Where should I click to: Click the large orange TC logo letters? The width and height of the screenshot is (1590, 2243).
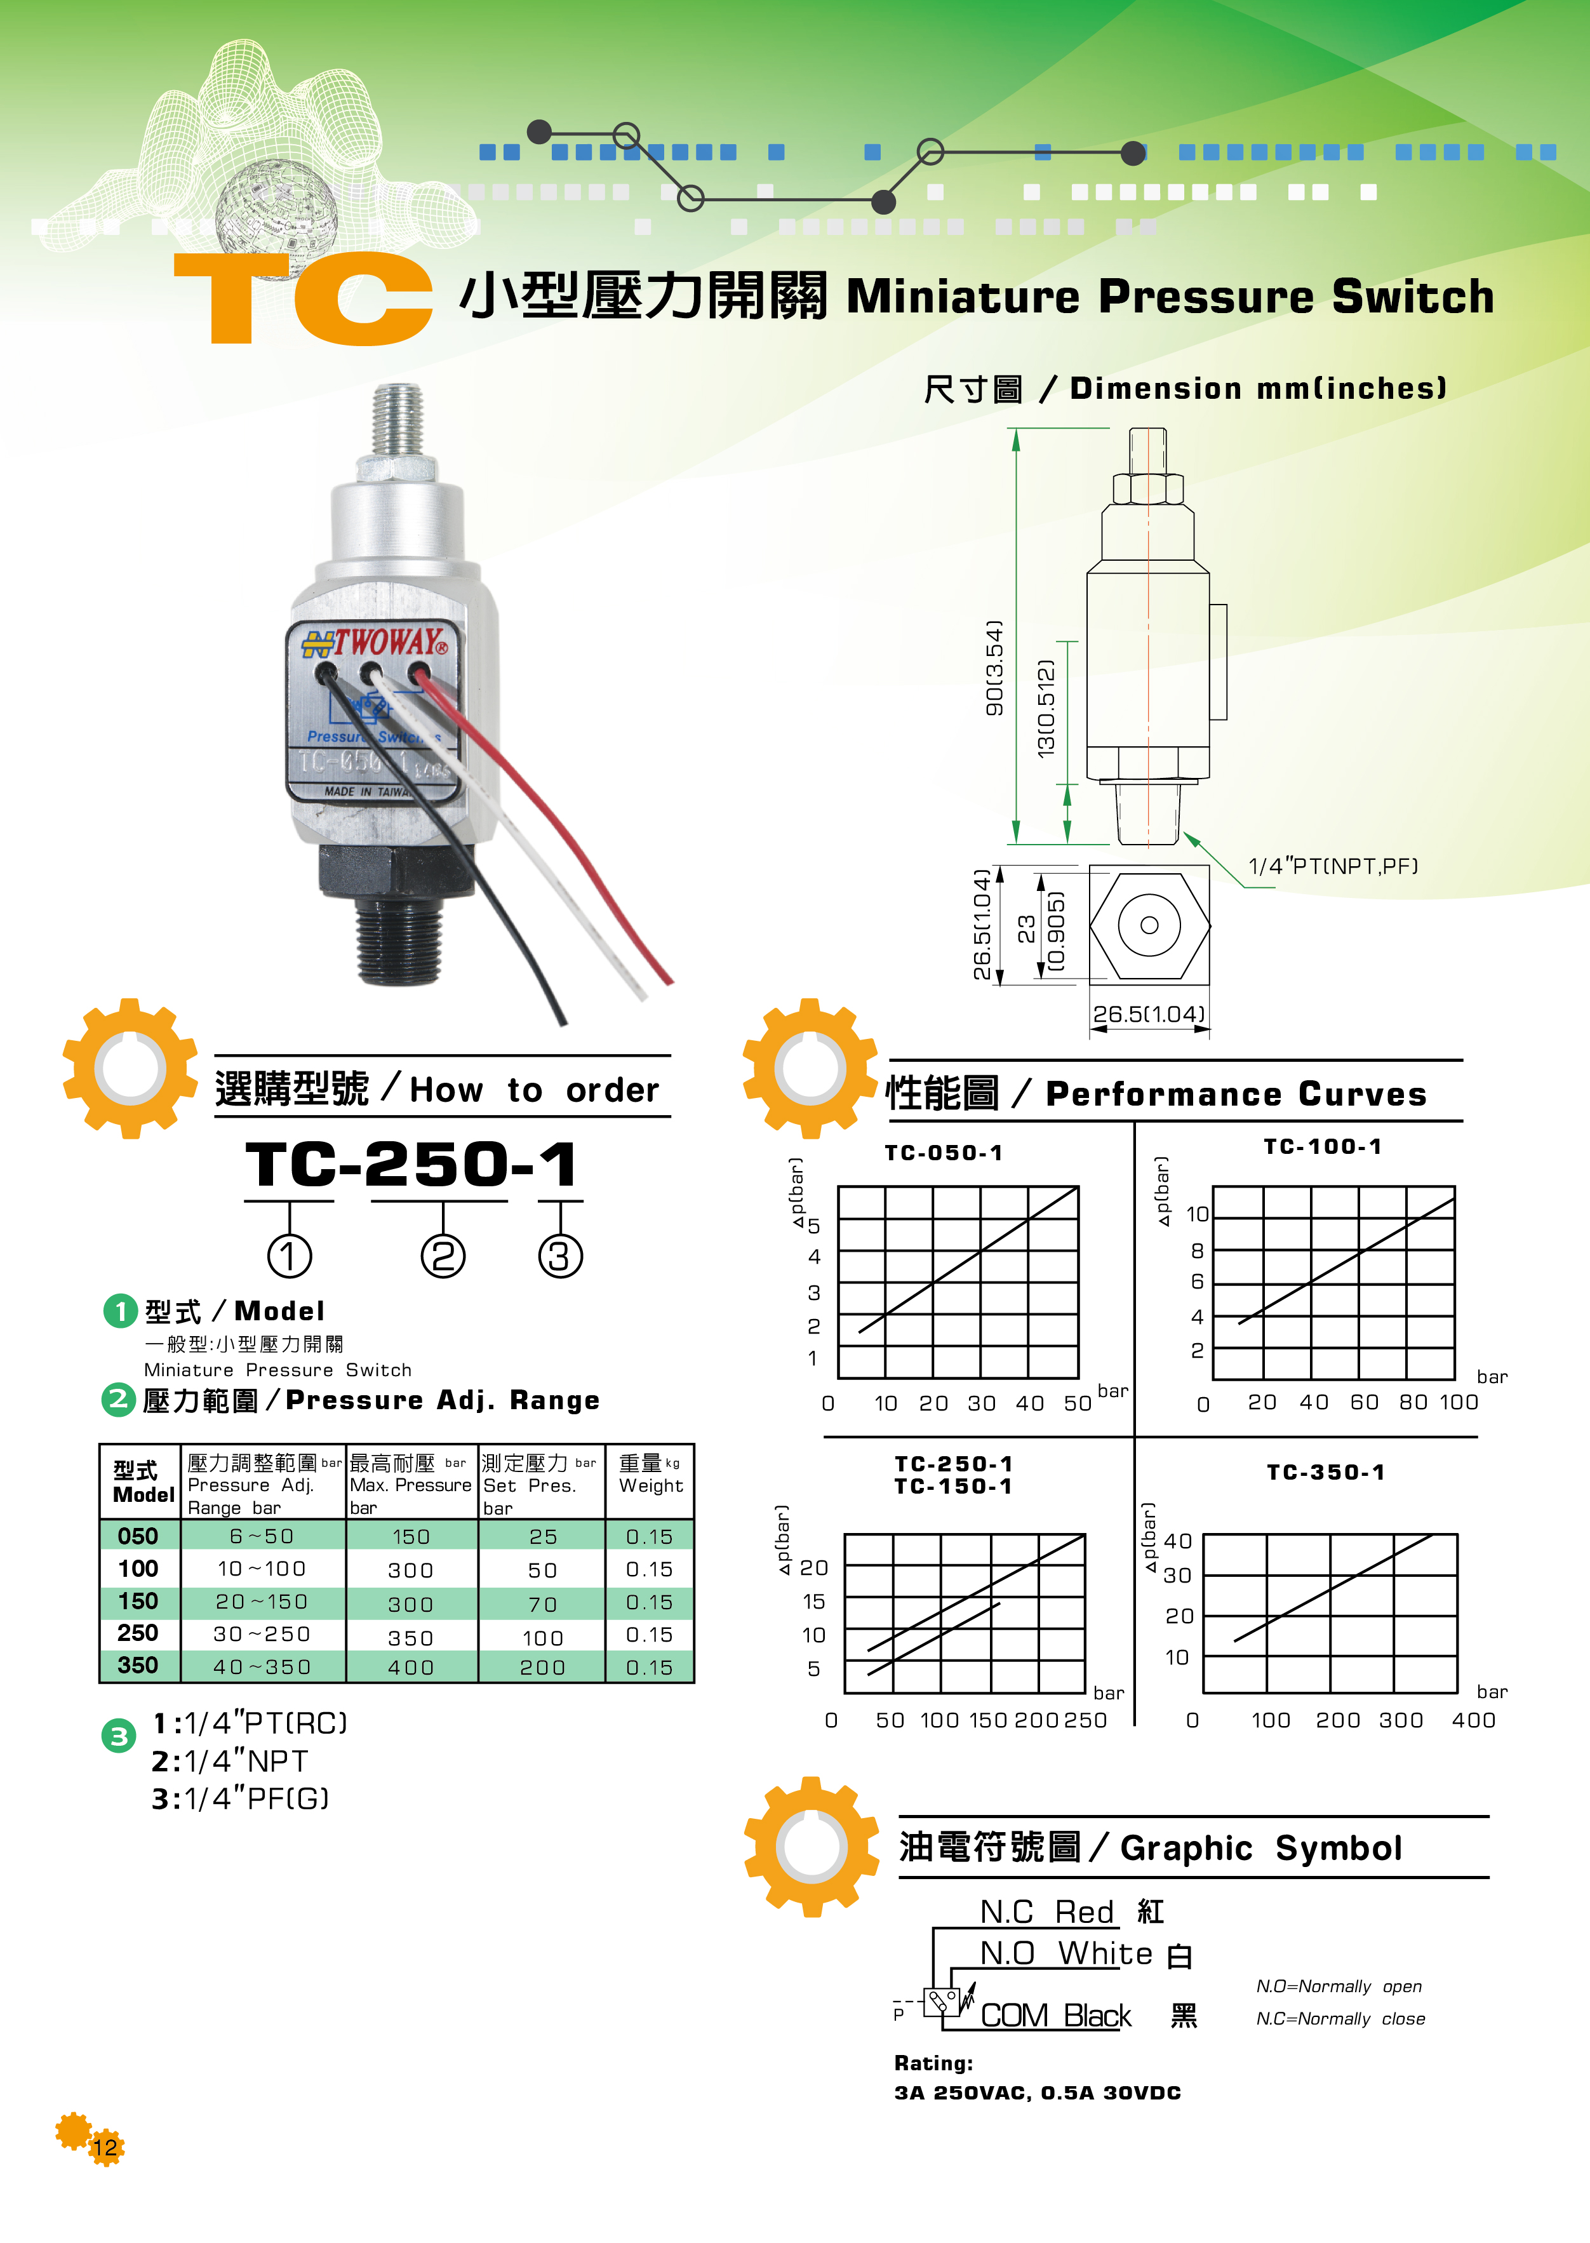coord(304,298)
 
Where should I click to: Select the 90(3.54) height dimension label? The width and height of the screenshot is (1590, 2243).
coord(994,667)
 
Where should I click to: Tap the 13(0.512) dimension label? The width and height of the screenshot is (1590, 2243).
coord(1046,708)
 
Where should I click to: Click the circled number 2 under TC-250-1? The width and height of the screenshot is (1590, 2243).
coord(443,1256)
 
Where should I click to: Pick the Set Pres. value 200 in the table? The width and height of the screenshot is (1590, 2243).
coord(542,1667)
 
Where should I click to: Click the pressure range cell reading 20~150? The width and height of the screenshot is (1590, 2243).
coord(262,1602)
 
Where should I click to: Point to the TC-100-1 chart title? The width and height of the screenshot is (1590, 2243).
coord(1322,1146)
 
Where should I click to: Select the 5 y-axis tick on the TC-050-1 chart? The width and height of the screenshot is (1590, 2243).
coord(813,1226)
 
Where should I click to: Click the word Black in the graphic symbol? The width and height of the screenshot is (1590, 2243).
coord(1097,2016)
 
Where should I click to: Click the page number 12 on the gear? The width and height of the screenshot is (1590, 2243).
coord(105,2148)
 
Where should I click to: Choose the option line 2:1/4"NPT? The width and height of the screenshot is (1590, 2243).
coord(229,1761)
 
